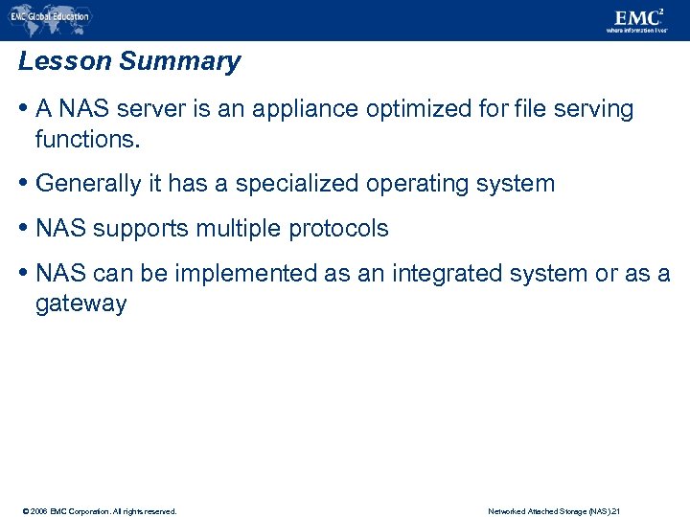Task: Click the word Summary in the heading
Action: pyautogui.click(x=180, y=62)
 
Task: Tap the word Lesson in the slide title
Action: pyautogui.click(x=65, y=62)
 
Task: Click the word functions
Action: pyautogui.click(x=87, y=140)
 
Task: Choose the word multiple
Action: pyautogui.click(x=240, y=229)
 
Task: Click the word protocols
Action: pyautogui.click(x=339, y=229)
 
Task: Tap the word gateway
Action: pyautogui.click(x=80, y=304)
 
